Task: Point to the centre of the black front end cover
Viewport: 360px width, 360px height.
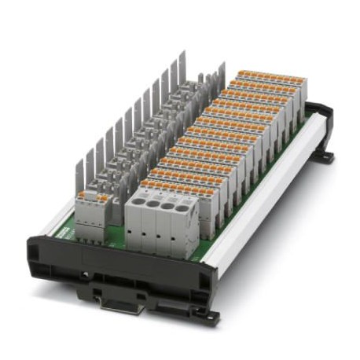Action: click(118, 263)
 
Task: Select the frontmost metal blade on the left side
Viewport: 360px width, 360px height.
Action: click(80, 174)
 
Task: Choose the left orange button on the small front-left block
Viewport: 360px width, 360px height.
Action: click(83, 195)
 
